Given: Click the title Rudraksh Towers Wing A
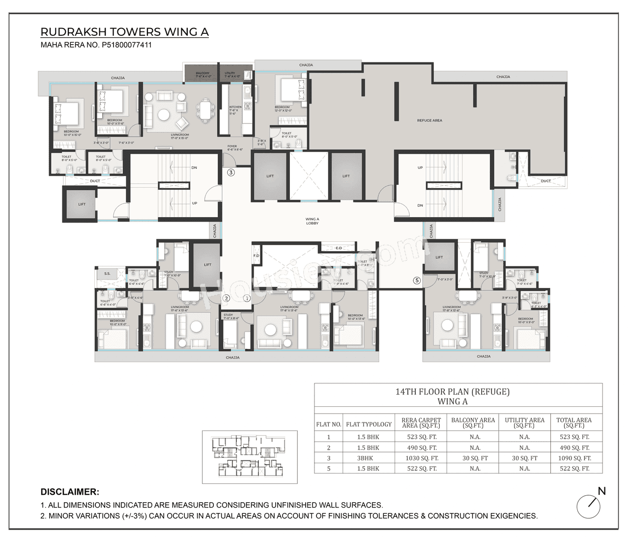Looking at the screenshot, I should point(124,32).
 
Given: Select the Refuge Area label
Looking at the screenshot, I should point(429,120).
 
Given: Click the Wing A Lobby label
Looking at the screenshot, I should point(312,221).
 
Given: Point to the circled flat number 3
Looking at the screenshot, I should point(230,172).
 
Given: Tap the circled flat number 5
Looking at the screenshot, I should point(417,281).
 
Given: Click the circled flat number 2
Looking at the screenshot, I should point(226,298).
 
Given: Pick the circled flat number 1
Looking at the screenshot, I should point(247,298).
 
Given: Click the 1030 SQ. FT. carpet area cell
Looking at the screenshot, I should point(421,458).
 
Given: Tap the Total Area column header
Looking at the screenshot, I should point(573,423).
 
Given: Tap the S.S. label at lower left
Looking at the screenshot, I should point(107,273).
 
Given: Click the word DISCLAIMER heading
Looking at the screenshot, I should point(70,492).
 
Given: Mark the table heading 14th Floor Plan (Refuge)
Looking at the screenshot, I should point(452,392).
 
